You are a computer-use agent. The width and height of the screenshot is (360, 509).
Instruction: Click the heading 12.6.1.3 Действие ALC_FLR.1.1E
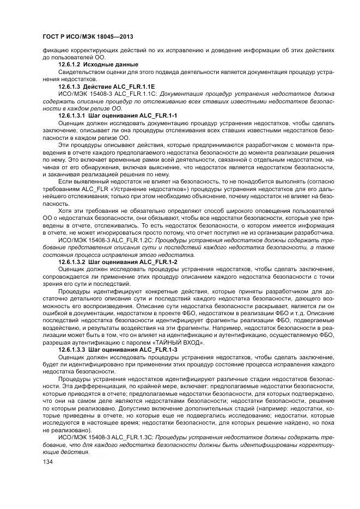coord(106,87)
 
